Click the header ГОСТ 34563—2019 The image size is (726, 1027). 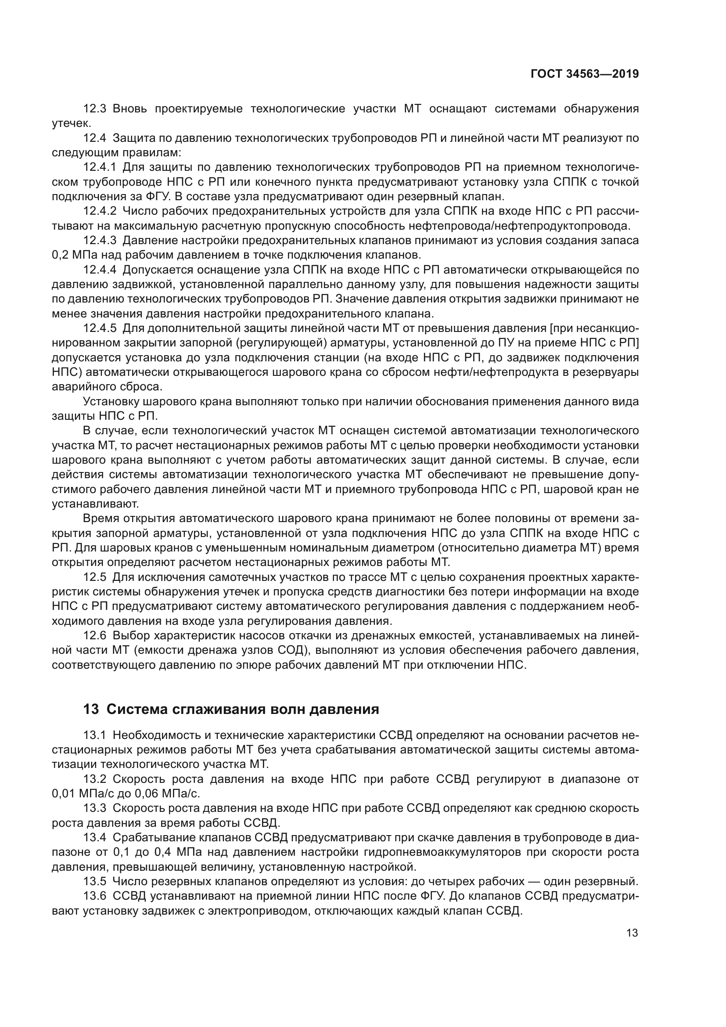coord(585,74)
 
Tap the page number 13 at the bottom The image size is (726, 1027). coord(632,933)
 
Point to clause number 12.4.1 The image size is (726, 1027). coord(100,167)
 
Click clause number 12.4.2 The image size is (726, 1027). coord(100,211)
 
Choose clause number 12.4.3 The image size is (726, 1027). coord(100,241)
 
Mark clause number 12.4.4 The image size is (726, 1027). coord(100,270)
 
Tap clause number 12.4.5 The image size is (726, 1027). coord(100,328)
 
